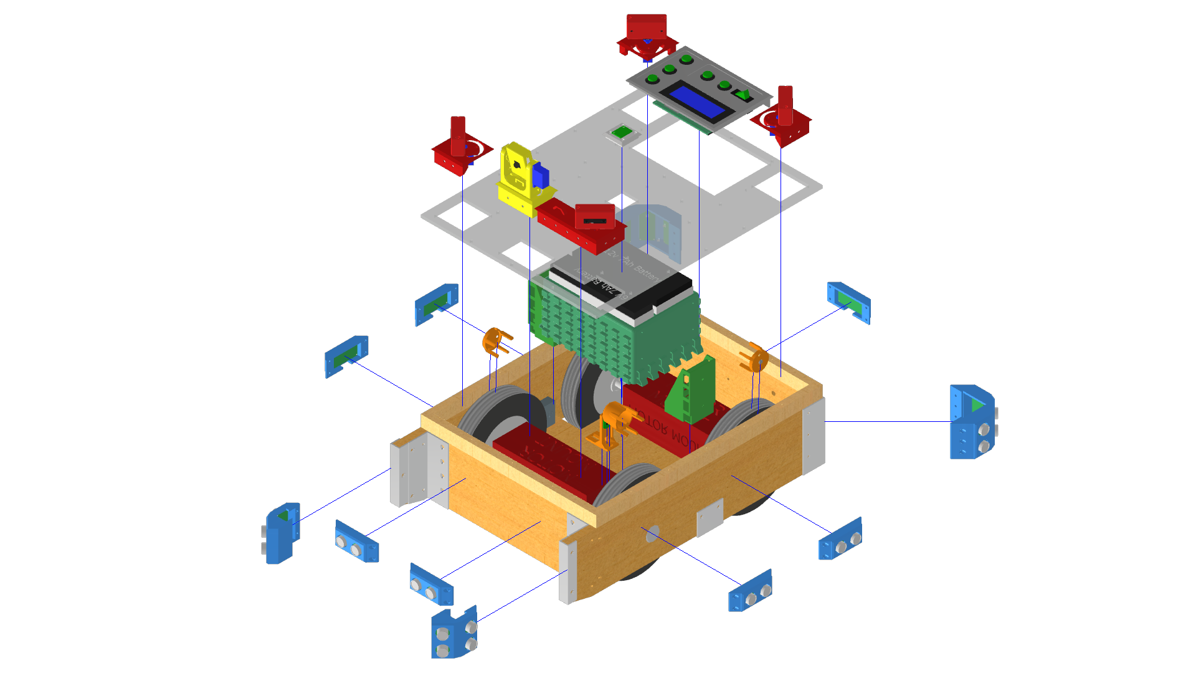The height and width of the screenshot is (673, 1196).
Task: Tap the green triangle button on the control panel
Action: point(743,95)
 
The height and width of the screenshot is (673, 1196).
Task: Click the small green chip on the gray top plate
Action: point(620,133)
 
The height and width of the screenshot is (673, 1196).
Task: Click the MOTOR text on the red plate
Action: point(648,423)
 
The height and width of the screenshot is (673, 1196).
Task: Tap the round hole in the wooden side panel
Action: point(653,533)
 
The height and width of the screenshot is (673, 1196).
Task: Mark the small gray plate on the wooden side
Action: point(710,517)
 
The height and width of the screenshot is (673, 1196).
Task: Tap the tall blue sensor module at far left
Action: point(282,533)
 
